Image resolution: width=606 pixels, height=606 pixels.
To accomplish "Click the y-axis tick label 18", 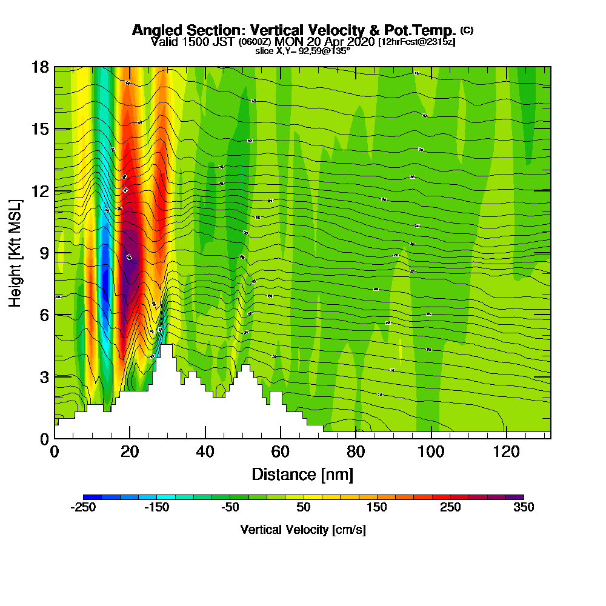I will (40, 67).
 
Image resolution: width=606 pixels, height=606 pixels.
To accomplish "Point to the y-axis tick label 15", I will (40, 129).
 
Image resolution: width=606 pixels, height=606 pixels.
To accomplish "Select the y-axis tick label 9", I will (44, 253).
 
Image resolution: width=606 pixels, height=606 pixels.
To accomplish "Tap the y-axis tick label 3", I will (44, 376).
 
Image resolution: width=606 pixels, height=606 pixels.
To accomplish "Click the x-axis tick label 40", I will (205, 451).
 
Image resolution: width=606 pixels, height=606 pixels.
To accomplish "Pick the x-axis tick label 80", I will (356, 451).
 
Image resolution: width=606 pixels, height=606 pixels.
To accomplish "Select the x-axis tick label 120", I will (506, 451).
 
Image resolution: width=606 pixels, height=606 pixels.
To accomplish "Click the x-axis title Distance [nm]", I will (302, 474).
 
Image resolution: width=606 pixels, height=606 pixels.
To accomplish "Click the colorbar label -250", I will (84, 508).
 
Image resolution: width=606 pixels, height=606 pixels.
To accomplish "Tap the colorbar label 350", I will (524, 508).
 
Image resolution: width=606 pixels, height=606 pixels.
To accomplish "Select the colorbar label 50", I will (304, 508).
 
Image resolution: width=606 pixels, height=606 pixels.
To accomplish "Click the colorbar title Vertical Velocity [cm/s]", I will (303, 530).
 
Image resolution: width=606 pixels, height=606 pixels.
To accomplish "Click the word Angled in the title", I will (156, 30).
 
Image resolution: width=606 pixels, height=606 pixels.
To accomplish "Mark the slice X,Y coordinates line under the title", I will (303, 51).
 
